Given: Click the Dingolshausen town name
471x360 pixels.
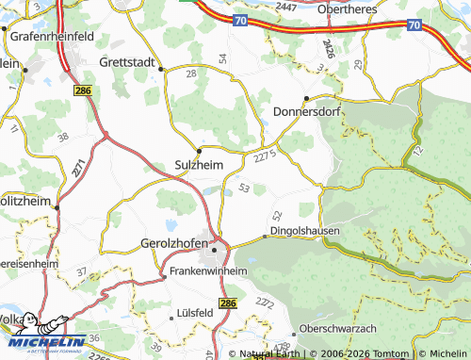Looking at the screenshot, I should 305,230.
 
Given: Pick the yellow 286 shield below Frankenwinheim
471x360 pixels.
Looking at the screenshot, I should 227,302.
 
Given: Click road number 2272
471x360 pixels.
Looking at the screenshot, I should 264,302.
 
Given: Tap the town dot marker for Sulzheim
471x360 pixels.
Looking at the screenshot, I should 199,150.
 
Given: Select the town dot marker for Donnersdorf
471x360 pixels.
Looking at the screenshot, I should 306,99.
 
